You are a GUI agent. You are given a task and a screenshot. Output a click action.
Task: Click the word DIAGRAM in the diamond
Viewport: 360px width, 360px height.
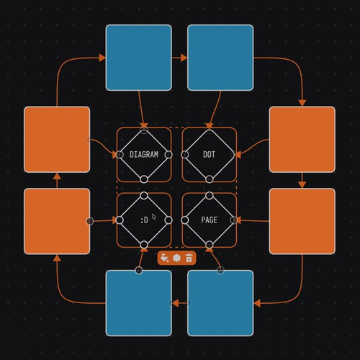coord(144,155)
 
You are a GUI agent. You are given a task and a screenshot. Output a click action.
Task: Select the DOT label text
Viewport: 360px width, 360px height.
coord(209,155)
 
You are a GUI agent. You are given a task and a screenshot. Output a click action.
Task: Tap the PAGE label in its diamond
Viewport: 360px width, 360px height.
coord(210,220)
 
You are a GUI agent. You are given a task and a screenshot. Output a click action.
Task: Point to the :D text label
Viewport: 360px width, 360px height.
coord(144,220)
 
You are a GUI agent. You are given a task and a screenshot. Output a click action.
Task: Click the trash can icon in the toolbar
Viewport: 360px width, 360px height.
coord(189,258)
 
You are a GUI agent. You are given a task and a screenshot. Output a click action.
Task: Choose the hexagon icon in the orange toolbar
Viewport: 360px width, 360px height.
coord(176,258)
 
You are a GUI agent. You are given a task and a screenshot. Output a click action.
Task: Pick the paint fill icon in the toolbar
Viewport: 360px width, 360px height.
coord(165,258)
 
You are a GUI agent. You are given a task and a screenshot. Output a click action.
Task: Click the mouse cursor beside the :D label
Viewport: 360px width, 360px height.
coord(154,217)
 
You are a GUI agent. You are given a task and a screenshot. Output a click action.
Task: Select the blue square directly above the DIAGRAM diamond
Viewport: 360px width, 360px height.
coord(139,58)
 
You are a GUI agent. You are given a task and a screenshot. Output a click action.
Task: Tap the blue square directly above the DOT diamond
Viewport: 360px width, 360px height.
coord(220,58)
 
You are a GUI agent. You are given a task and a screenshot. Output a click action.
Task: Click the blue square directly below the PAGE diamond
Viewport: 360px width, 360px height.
coord(220,303)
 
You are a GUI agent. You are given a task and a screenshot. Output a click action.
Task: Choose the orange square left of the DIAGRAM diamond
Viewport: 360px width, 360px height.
coord(57,140)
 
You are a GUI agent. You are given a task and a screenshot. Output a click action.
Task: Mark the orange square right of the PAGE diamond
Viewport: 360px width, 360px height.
coord(302,221)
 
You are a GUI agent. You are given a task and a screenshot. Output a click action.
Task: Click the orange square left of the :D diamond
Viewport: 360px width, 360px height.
coord(57,221)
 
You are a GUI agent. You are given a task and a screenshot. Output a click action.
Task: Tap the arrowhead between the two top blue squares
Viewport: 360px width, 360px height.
coord(184,58)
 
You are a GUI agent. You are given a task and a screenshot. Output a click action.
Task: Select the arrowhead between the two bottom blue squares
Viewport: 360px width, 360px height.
coord(176,303)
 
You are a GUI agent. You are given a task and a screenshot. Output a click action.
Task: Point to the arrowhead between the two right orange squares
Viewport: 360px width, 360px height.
coord(302,184)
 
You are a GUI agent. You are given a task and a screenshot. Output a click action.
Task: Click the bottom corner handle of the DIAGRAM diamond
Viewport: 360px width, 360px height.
coord(144,179)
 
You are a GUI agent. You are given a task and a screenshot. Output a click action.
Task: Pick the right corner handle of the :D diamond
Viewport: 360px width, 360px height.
coord(168,220)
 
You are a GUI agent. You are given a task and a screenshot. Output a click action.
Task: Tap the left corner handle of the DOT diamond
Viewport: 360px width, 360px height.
coord(185,155)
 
